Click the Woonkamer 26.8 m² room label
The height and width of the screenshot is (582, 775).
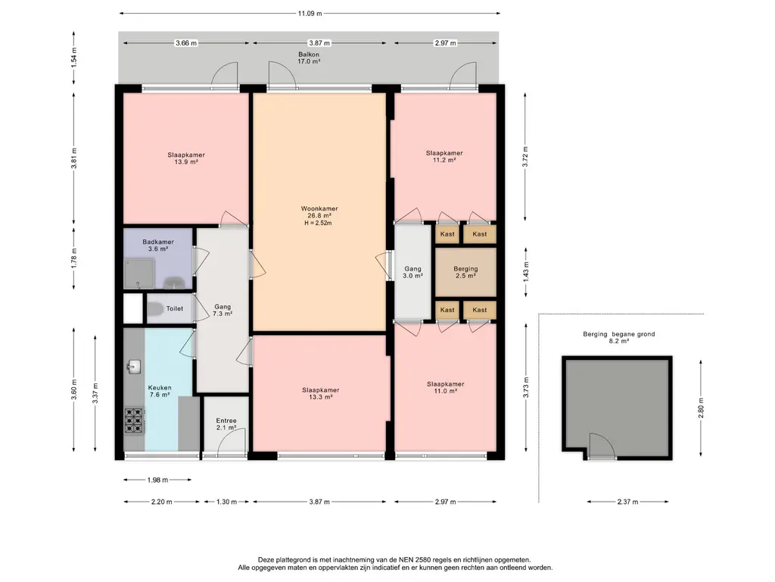319,212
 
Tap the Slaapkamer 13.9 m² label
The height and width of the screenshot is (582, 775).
186,158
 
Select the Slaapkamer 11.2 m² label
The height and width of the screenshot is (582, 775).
444,156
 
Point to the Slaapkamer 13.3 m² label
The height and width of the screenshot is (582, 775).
321,393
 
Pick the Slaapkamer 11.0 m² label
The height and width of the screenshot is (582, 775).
445,387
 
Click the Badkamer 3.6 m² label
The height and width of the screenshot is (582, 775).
158,246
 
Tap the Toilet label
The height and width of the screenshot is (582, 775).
175,308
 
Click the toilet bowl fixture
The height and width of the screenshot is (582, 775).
155,309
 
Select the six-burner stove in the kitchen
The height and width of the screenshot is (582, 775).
134,421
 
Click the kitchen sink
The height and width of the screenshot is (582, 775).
133,367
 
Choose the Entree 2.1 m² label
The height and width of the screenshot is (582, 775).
226,424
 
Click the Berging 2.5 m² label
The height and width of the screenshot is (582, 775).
465,272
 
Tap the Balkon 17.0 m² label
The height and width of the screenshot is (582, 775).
309,58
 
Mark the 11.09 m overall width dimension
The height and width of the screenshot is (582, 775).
310,14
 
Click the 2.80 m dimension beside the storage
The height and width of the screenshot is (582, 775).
701,408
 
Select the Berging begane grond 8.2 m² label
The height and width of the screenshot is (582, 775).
619,337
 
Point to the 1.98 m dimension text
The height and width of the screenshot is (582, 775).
157,480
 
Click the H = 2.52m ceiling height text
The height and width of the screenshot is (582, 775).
319,224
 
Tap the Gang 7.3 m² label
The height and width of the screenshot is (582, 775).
223,310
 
